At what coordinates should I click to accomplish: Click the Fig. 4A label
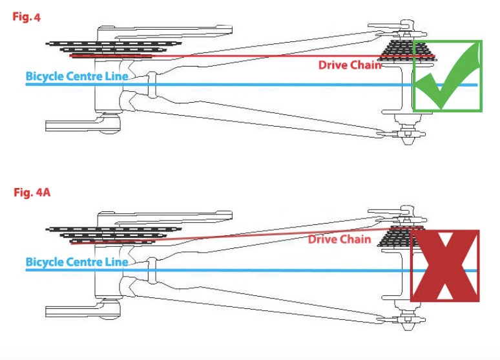click(x=28, y=193)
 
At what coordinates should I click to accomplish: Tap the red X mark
click(x=445, y=265)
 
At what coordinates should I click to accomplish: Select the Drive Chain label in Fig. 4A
click(x=339, y=240)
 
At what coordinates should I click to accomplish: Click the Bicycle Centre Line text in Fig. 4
click(x=76, y=76)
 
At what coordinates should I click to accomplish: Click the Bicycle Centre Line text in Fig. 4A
click(x=76, y=262)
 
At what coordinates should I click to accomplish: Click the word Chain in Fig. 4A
click(x=356, y=240)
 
